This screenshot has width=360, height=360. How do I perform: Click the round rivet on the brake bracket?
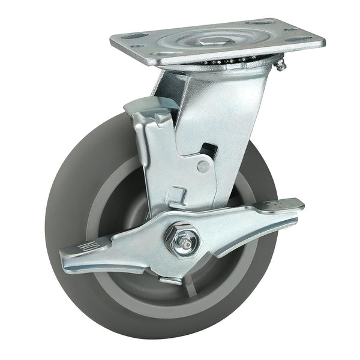[x=203, y=167]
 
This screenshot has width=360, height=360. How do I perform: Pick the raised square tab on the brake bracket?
[x=175, y=195]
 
